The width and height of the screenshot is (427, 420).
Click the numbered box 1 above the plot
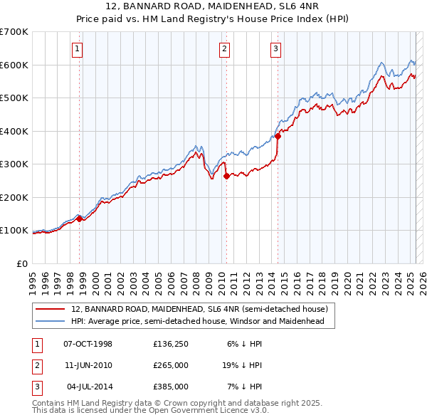[x=77, y=49]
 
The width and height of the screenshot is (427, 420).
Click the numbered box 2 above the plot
[x=224, y=49]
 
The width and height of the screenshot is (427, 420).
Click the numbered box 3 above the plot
[x=275, y=49]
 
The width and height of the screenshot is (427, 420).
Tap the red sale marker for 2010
[x=226, y=176]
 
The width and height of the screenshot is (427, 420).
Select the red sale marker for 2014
[x=278, y=137]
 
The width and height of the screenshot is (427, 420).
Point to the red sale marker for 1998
[x=80, y=219]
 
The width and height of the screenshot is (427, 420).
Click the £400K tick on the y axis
[x=14, y=131]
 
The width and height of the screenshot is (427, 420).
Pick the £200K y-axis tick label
[x=14, y=197]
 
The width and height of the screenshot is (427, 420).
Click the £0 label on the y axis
[x=22, y=263]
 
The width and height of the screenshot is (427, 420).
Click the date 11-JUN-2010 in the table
[x=88, y=365]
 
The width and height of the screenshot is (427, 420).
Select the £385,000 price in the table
[x=170, y=387]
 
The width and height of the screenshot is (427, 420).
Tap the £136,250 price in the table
[x=170, y=344]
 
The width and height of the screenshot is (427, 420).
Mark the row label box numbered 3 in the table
[x=36, y=387]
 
